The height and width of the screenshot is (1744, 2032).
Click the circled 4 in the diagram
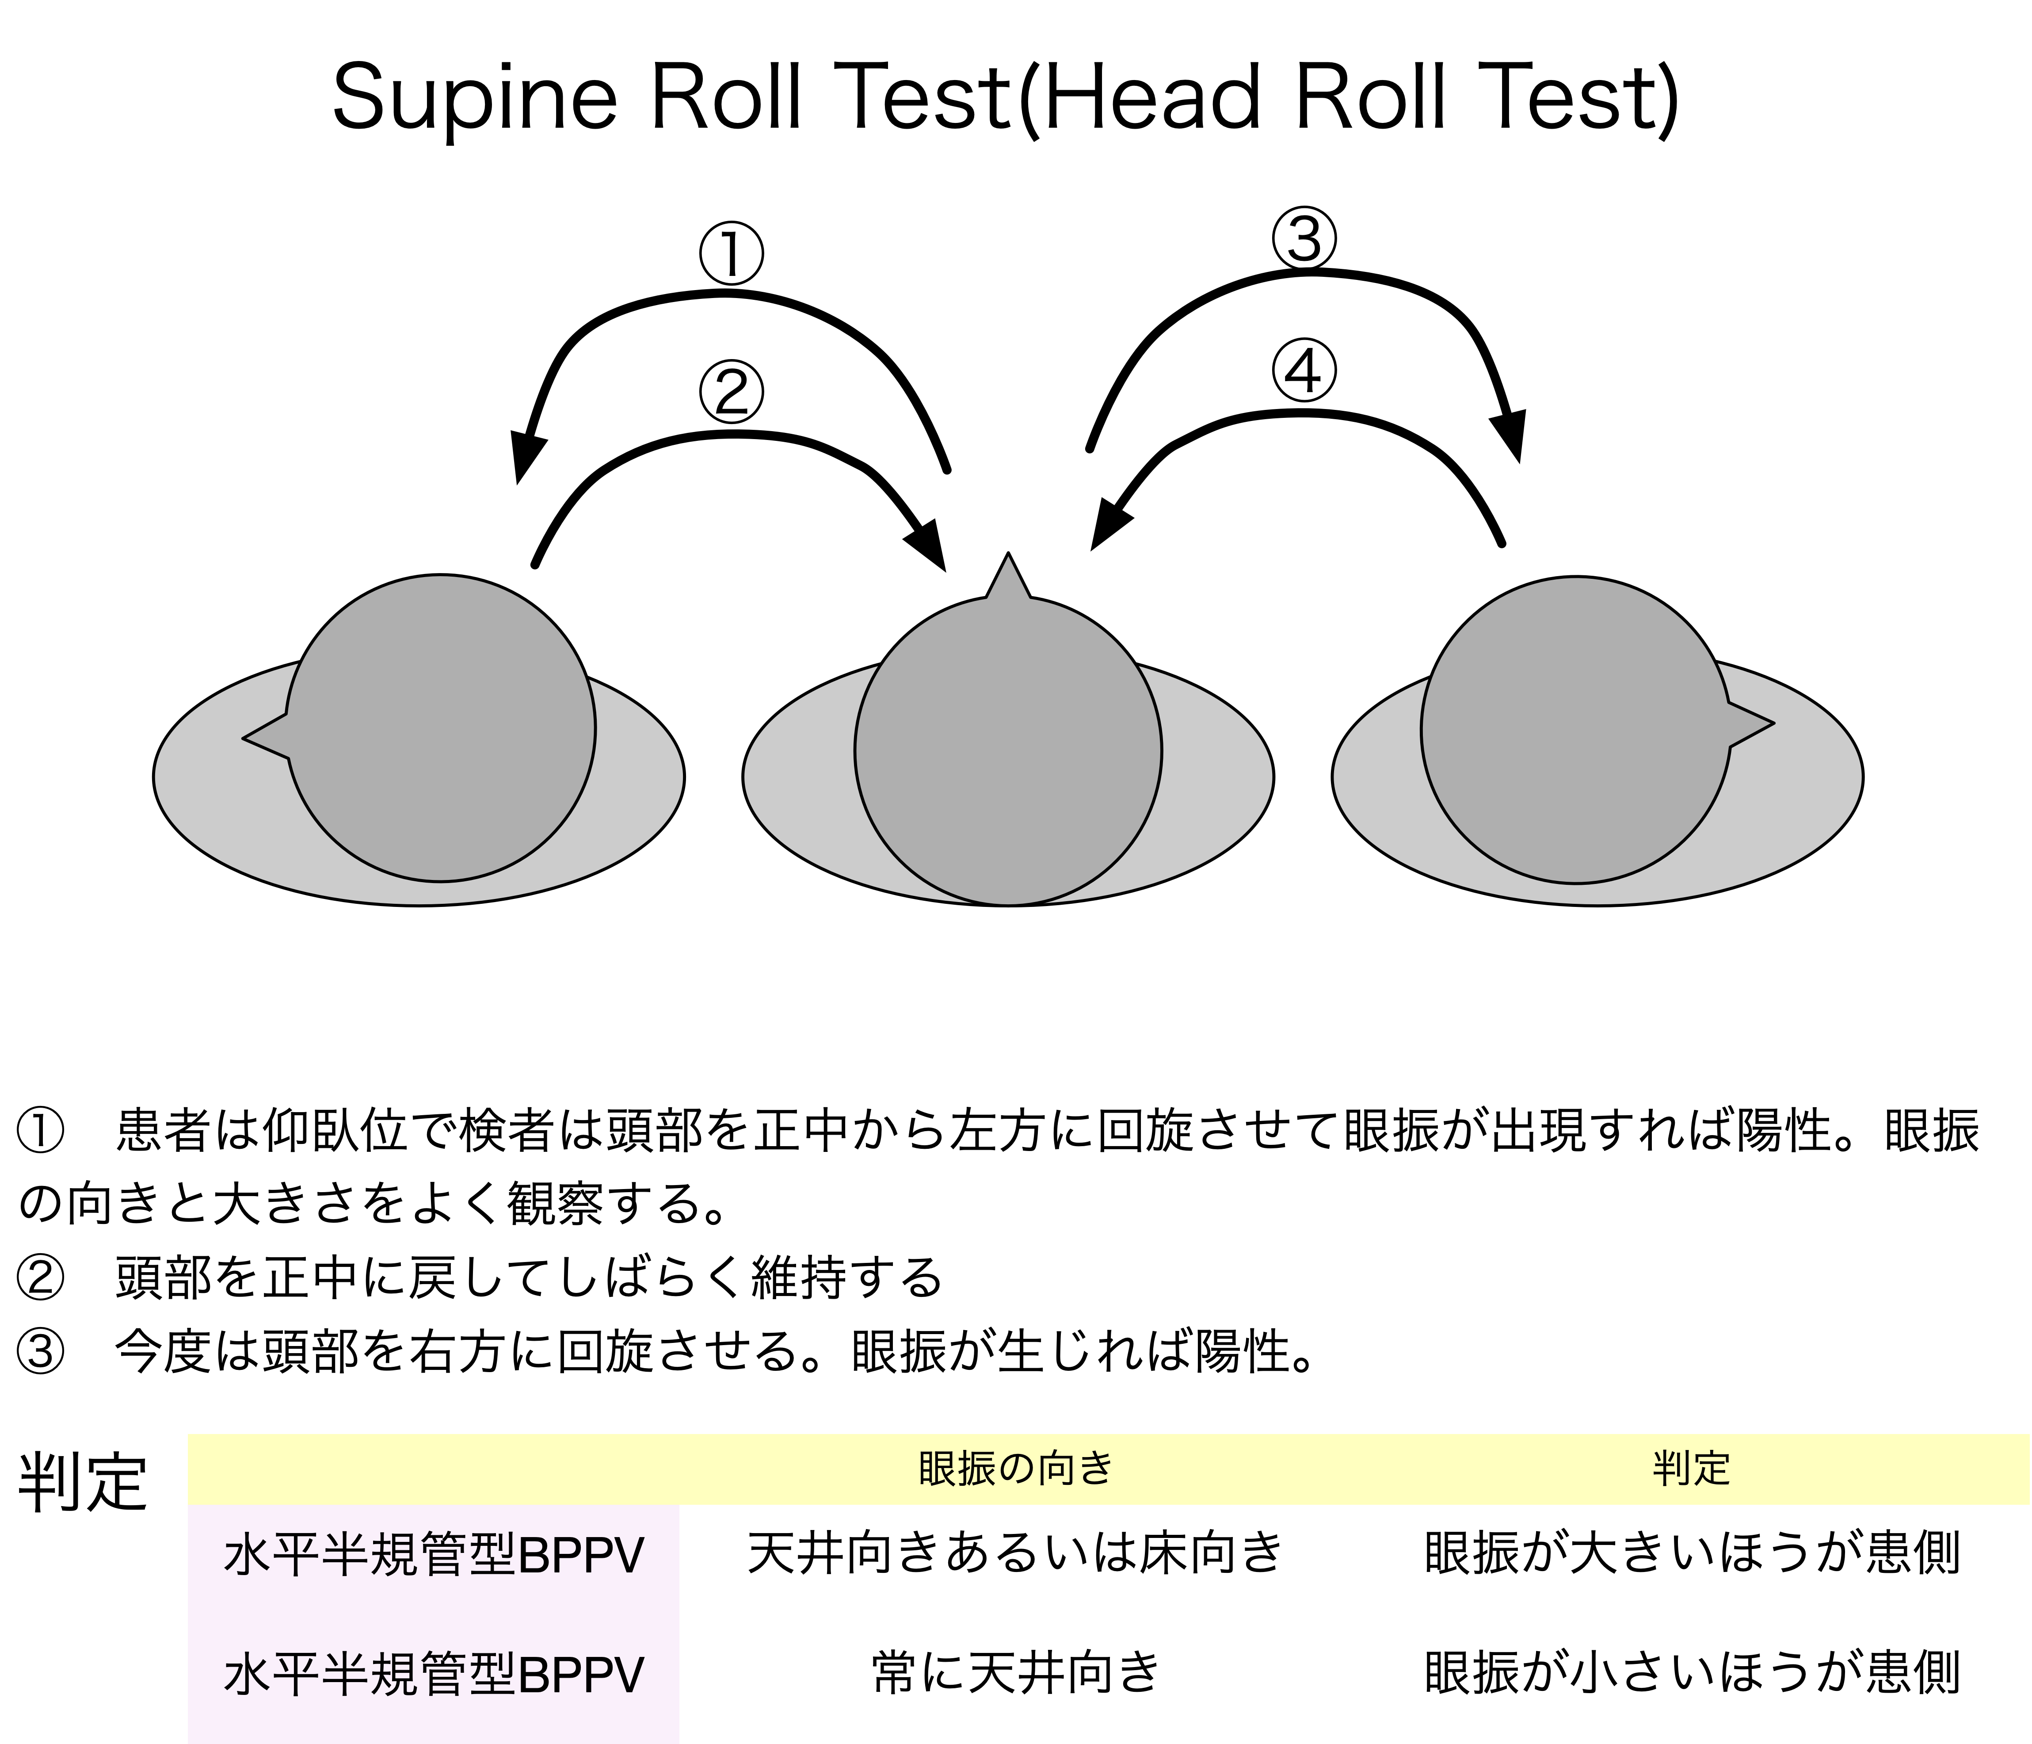[1304, 372]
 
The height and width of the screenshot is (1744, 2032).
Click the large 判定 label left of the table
[84, 1480]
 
